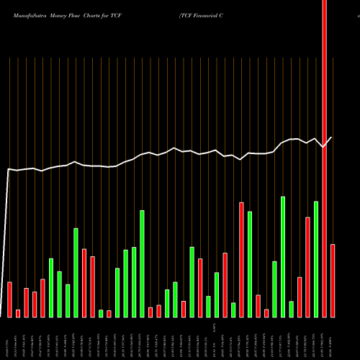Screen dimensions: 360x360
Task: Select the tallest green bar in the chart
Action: [x=283, y=256]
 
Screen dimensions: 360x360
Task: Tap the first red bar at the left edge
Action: [x=10, y=299]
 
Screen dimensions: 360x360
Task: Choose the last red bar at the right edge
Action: [x=333, y=280]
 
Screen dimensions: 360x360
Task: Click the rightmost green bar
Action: [x=316, y=258]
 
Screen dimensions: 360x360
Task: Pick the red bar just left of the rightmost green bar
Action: [x=308, y=266]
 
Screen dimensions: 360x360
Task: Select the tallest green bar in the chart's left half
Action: [x=143, y=264]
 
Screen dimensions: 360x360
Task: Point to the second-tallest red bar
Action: [x=242, y=259]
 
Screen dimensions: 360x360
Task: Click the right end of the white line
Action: [x=332, y=138]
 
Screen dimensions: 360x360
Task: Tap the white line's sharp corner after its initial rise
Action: [x=8, y=169]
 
